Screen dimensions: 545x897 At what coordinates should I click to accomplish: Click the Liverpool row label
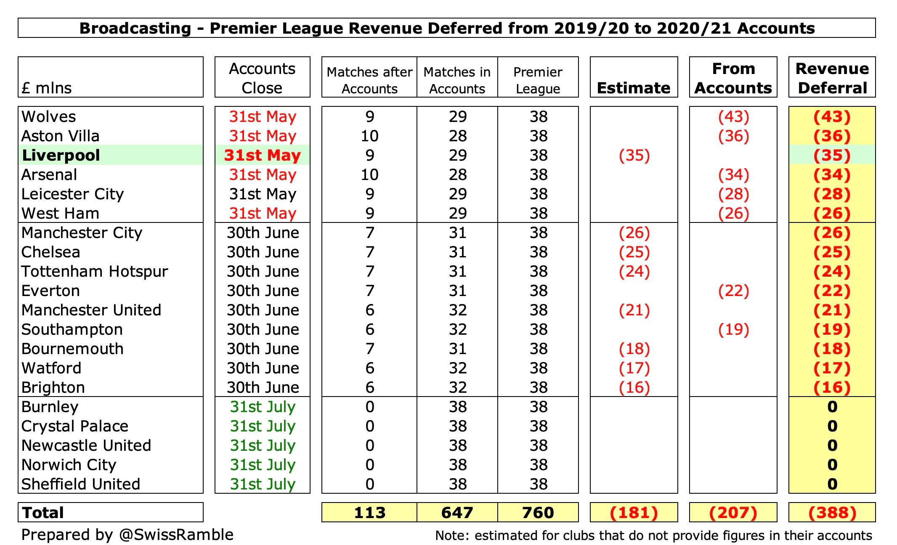[61, 155]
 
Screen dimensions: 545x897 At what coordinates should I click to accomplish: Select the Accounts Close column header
[262, 78]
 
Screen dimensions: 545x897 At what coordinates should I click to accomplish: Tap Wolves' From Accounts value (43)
[733, 116]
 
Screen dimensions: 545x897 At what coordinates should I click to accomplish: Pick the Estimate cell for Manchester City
[634, 233]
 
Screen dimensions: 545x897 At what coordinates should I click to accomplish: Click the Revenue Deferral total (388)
[832, 513]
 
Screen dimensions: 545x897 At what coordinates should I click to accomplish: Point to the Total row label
[43, 513]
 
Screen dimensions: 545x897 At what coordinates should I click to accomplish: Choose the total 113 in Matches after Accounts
[369, 513]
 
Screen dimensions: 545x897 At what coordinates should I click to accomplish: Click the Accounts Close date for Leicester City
[263, 194]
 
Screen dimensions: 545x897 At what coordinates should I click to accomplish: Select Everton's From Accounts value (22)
[733, 291]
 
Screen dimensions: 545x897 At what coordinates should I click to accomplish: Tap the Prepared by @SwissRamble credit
[127, 534]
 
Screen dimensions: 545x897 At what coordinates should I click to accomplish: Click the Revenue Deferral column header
[832, 78]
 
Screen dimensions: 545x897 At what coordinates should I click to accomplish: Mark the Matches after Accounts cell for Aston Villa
[369, 136]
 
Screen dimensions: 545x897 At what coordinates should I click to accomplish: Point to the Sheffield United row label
[81, 484]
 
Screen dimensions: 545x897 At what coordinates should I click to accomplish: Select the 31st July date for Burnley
[263, 407]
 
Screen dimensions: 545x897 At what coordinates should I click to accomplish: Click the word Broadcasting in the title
[135, 28]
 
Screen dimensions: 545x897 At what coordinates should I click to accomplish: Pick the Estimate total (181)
[634, 513]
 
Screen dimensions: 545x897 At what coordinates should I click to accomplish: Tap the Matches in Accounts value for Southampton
[457, 329]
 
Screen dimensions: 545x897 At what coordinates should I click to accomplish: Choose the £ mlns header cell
[47, 88]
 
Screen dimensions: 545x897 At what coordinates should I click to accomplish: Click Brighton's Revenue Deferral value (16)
[832, 387]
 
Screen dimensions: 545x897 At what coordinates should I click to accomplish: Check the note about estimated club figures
[653, 535]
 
